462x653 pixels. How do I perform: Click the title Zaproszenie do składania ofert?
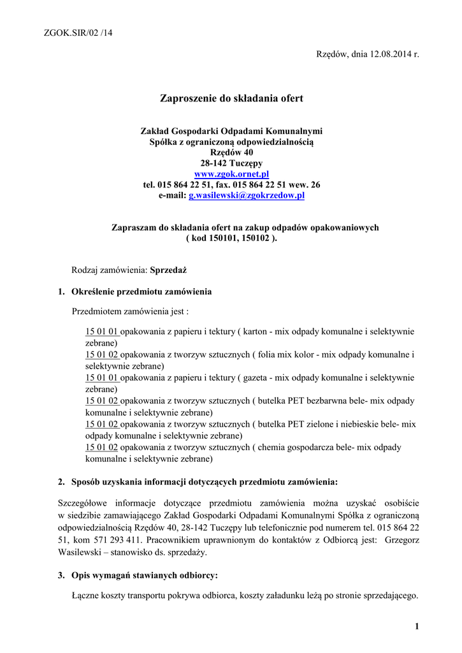(231, 98)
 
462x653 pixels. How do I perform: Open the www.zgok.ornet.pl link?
(231, 173)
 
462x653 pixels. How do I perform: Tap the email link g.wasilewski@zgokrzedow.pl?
(247, 195)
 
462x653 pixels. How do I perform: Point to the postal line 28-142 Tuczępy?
(231, 163)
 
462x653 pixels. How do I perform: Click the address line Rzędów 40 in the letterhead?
(231, 152)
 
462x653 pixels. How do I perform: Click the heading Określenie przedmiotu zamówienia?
(141, 291)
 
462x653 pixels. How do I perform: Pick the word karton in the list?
(256, 332)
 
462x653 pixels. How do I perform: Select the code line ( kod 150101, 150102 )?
(231, 238)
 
